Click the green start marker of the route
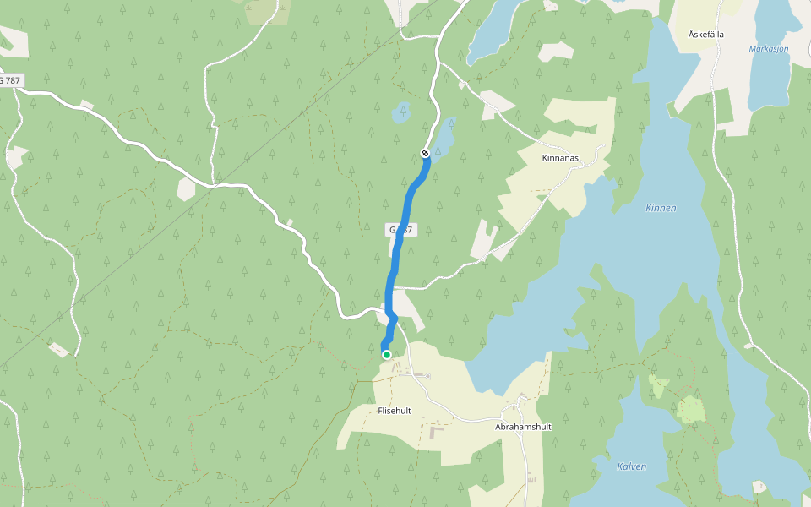click(387, 355)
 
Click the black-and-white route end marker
click(425, 153)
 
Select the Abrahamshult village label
click(523, 427)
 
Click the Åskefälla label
click(708, 34)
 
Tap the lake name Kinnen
click(661, 208)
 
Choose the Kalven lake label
click(631, 466)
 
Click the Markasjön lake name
click(769, 49)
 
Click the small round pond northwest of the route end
click(400, 112)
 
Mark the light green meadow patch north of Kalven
click(690, 410)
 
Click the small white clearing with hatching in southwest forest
click(58, 348)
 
